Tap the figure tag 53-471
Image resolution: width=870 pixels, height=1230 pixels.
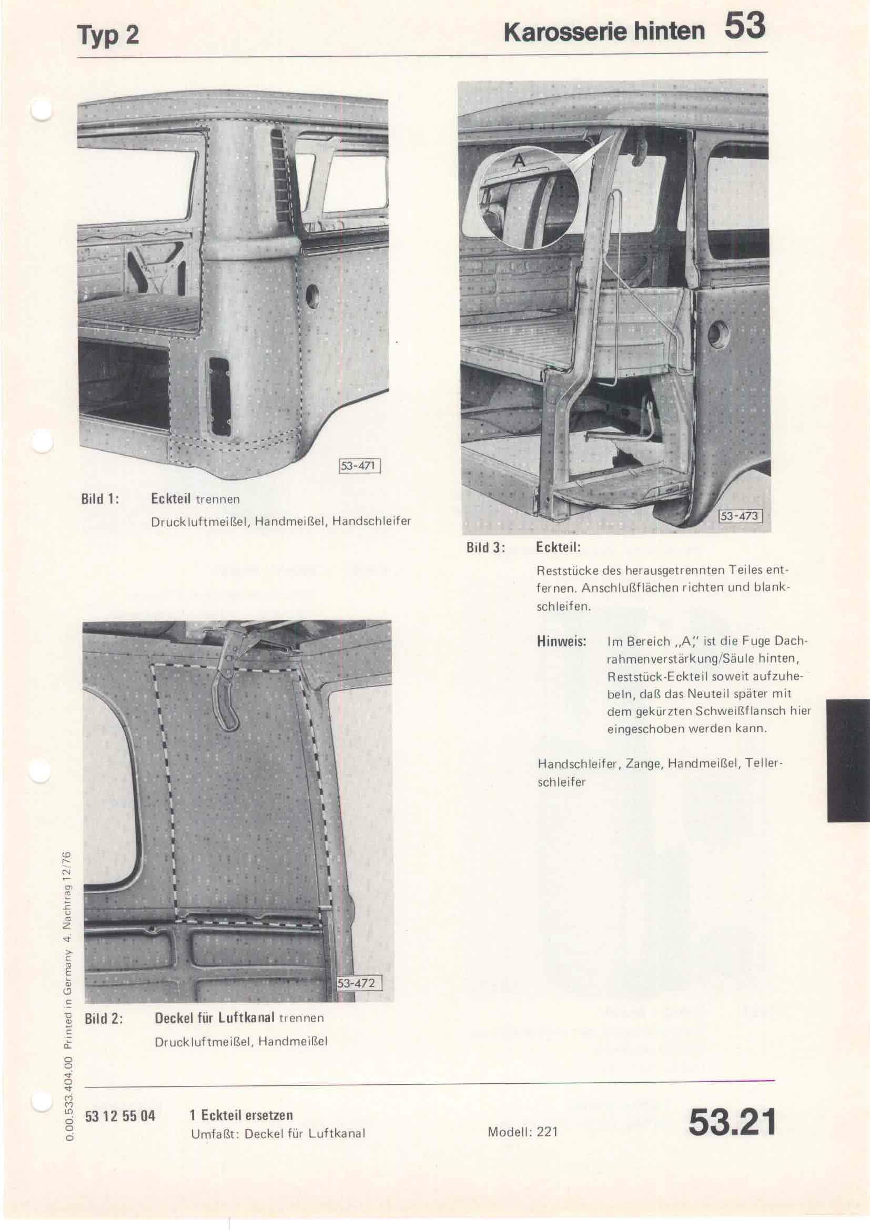(x=358, y=465)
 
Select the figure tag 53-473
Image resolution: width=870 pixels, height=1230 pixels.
(x=739, y=516)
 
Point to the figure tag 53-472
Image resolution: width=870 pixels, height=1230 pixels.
(x=359, y=983)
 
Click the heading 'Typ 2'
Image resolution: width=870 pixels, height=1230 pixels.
(x=108, y=35)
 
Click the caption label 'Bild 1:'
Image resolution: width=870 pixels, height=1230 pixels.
(x=99, y=499)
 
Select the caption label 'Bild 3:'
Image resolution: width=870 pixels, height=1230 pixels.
(x=486, y=547)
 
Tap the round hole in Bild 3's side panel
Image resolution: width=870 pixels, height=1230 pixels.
(x=719, y=334)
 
